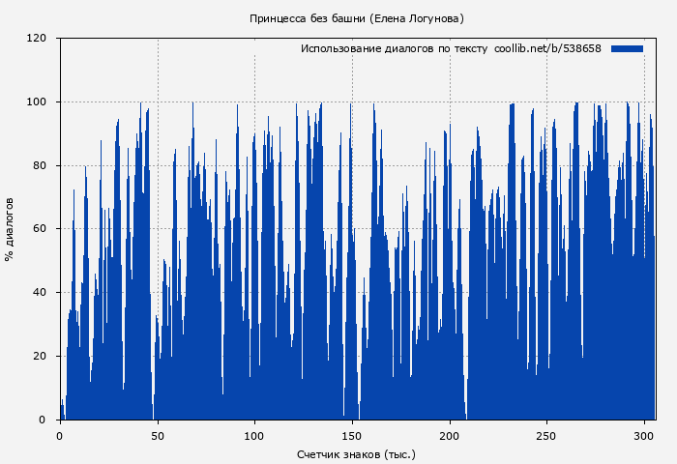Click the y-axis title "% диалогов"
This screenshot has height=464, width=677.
(10, 229)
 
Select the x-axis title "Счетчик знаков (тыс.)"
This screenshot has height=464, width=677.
(356, 453)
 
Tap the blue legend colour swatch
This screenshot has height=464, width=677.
(627, 48)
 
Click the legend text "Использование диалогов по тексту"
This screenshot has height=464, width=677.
(394, 48)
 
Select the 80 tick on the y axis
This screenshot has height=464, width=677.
(40, 165)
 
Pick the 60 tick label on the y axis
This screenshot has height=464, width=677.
(40, 229)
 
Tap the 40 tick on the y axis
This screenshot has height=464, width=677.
(40, 293)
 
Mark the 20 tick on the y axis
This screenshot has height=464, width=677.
(40, 356)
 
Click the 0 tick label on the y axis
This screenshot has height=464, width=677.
(43, 420)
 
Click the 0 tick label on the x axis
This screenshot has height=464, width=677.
(60, 435)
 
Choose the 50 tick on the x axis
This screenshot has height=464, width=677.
(158, 435)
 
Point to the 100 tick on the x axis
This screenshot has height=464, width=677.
(254, 435)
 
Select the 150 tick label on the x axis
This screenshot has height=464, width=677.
(352, 435)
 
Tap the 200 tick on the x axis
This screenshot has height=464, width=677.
(450, 435)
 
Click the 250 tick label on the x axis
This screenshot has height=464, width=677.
(547, 435)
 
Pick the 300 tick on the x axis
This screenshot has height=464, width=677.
(644, 435)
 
